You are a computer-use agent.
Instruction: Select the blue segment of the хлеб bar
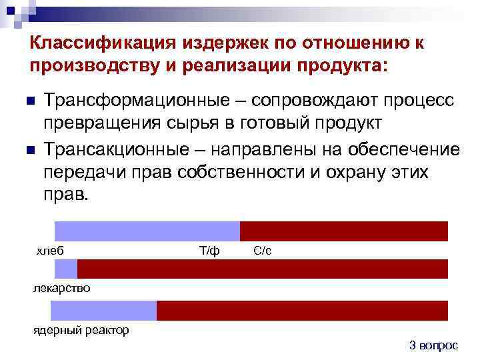[x=147, y=231]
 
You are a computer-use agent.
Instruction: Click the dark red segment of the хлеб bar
[x=343, y=231]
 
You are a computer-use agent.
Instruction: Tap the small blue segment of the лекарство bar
[x=65, y=269]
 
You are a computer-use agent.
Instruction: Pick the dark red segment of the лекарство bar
[x=263, y=269]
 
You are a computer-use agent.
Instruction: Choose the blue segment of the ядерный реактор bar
[x=103, y=311]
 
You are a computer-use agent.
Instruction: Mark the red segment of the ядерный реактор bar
[x=302, y=311]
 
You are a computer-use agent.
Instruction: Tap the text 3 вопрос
[x=433, y=345]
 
